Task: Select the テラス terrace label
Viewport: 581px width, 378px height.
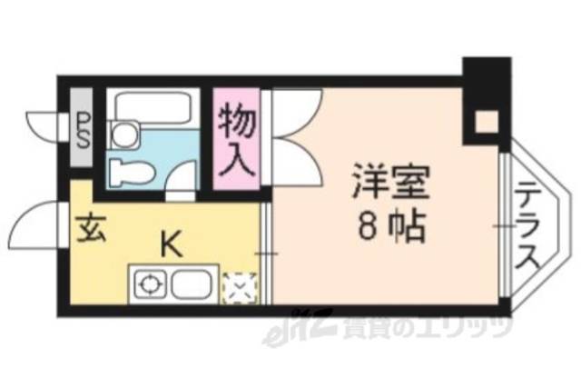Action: point(527,225)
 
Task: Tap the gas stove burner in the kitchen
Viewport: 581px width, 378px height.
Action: point(147,285)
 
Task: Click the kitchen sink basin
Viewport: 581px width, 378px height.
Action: point(191,285)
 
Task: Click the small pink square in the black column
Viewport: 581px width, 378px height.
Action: point(487,120)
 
